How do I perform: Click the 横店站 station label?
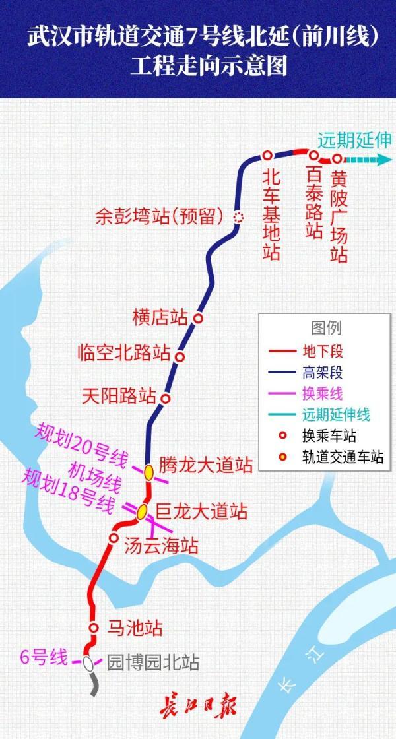point(160,317)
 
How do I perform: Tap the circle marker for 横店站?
point(197,318)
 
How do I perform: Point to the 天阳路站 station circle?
point(166,399)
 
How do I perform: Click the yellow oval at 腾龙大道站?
point(149,471)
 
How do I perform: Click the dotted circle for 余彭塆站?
point(239,216)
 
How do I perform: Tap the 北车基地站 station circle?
point(267,155)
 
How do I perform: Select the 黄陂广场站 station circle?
point(337,159)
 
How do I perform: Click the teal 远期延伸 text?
point(354,140)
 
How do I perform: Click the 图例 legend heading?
point(326,328)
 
